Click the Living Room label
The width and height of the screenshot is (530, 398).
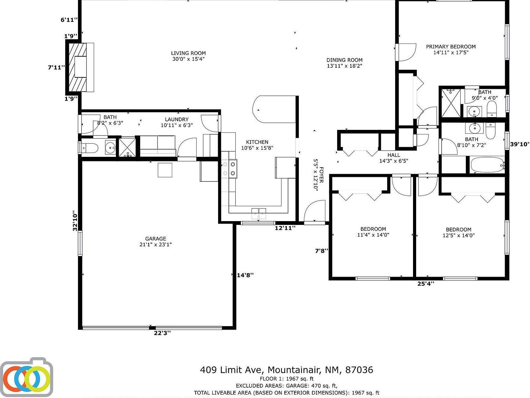[x=188, y=53]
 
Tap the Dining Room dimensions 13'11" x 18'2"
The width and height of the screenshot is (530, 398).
[x=344, y=66]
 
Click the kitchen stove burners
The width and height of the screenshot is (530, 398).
[x=229, y=169]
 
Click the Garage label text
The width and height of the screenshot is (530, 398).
[x=156, y=239]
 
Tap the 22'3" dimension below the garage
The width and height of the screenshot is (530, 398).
[x=162, y=333]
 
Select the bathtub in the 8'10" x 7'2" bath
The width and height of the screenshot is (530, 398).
[x=487, y=165]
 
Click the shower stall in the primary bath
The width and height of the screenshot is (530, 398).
[x=451, y=103]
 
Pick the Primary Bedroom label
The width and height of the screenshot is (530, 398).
[x=451, y=47]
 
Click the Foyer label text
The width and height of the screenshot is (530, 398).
[x=321, y=175]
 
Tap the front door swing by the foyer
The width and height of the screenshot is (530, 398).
[x=314, y=212]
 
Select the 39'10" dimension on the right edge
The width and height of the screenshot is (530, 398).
[x=520, y=144]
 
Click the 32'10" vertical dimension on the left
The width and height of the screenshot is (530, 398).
[x=75, y=221]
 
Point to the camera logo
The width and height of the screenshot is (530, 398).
[x=27, y=377]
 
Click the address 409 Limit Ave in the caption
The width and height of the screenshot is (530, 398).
[x=232, y=370]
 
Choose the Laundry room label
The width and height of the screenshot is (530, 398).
[x=176, y=120]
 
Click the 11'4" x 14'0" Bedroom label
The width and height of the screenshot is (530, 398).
[x=373, y=229]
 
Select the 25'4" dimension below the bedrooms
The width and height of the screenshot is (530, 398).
[x=425, y=284]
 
